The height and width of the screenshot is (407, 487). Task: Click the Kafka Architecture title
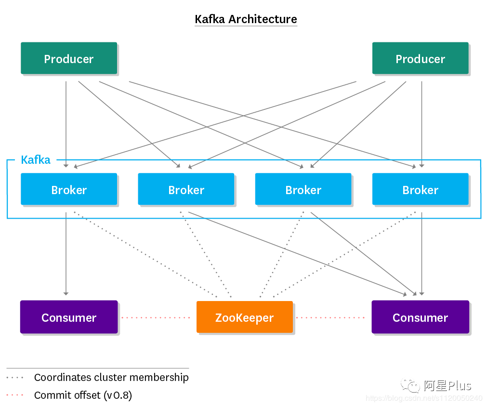246,19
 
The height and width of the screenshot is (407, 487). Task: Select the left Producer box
69,58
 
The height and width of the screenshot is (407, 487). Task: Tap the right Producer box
420,58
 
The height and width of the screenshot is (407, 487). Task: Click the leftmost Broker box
69,189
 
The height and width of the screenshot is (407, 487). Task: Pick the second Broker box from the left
186,189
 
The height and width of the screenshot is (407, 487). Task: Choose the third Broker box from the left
303,189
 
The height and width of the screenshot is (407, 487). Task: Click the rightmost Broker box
420,189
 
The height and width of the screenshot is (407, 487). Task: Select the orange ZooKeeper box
245,317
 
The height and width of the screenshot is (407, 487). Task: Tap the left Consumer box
69,317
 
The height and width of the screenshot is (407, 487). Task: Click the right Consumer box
420,317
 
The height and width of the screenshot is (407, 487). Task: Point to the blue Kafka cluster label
36,160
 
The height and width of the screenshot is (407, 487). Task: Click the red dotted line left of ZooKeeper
156,317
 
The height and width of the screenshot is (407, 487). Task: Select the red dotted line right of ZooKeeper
330,317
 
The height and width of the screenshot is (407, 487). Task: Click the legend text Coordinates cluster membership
111,378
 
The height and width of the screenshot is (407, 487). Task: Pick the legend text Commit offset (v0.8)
83,395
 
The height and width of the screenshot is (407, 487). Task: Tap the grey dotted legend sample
15,378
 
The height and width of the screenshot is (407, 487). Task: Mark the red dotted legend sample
15,395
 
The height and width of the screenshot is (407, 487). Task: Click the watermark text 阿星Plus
448,386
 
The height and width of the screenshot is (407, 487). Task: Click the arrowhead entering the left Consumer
66,293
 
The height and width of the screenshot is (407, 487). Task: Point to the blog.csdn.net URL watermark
424,398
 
